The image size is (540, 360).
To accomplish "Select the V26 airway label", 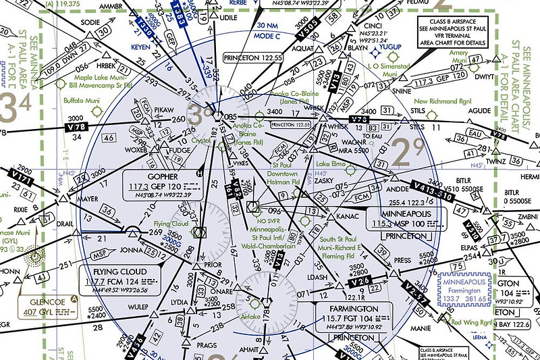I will pyautogui.click(x=360, y=280).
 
